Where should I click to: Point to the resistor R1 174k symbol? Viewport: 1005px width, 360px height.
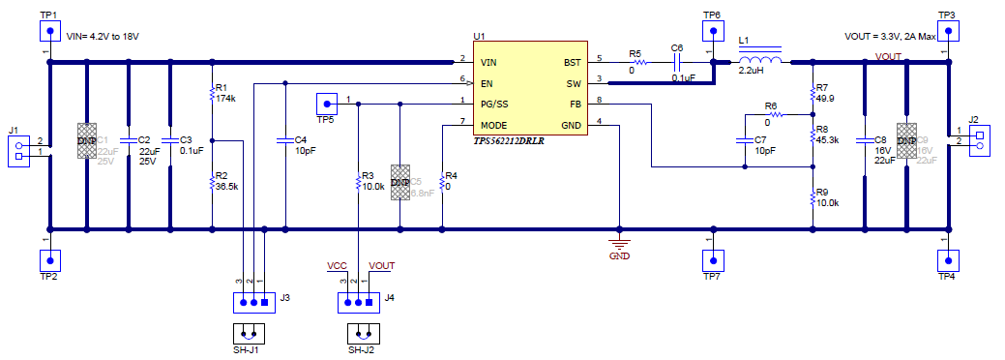pyautogui.click(x=212, y=93)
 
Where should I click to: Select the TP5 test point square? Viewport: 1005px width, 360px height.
pyautogui.click(x=327, y=104)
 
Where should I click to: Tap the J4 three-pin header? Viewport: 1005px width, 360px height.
pyautogui.click(x=358, y=301)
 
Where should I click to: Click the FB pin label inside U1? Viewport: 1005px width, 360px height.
pyautogui.click(x=575, y=104)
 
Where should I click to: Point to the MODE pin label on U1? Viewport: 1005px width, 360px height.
pyautogui.click(x=494, y=125)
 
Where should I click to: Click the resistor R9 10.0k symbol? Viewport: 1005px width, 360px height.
pyautogui.click(x=813, y=198)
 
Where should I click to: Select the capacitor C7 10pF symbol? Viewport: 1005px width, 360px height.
pyautogui.click(x=745, y=142)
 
